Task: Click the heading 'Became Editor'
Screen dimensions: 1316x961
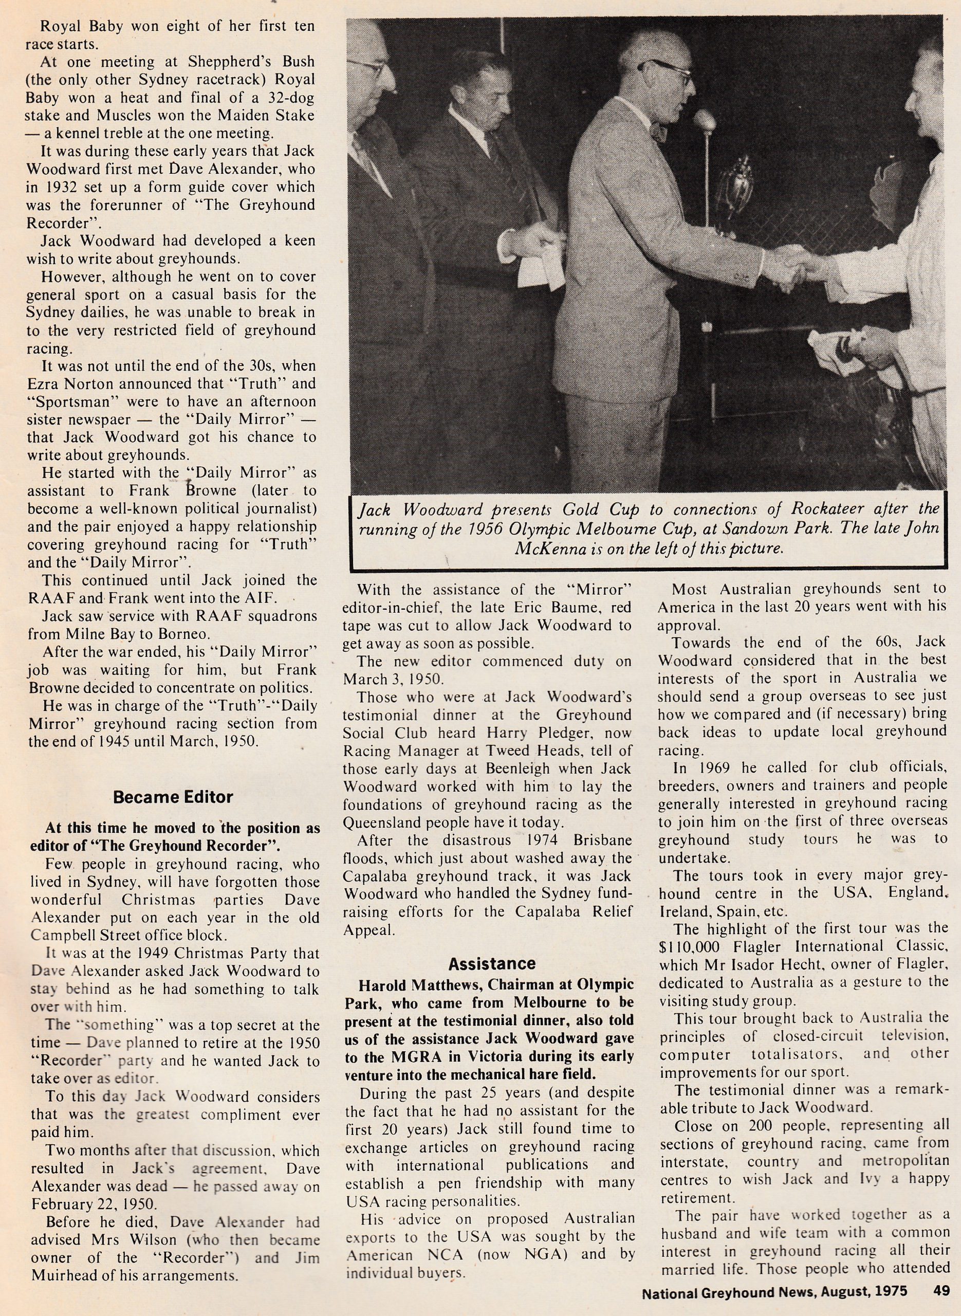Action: click(173, 796)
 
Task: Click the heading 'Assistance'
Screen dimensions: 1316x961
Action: click(492, 964)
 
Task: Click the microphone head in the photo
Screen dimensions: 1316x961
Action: click(705, 120)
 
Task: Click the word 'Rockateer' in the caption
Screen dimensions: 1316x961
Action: click(829, 509)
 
